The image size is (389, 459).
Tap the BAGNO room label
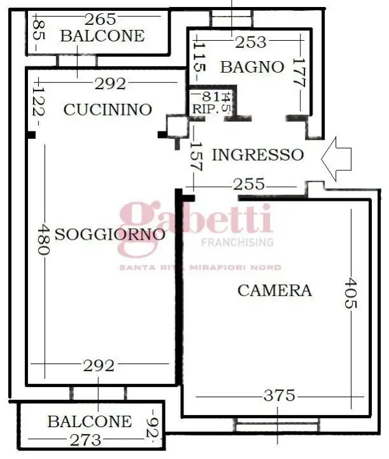click(x=252, y=66)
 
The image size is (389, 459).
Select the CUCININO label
click(x=108, y=110)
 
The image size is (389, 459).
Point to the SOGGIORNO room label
click(x=110, y=234)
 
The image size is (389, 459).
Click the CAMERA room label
click(x=274, y=291)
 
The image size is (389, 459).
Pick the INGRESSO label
click(x=257, y=154)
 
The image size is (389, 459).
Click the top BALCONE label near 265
click(x=102, y=36)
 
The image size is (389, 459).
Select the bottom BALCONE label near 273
click(x=89, y=421)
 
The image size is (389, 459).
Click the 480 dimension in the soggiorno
click(x=43, y=240)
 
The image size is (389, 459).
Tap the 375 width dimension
click(x=279, y=396)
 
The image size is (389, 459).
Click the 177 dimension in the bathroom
click(x=300, y=73)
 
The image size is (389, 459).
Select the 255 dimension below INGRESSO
click(x=248, y=184)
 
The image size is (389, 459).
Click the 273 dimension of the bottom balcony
click(x=85, y=439)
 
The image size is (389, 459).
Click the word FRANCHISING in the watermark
click(x=237, y=242)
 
